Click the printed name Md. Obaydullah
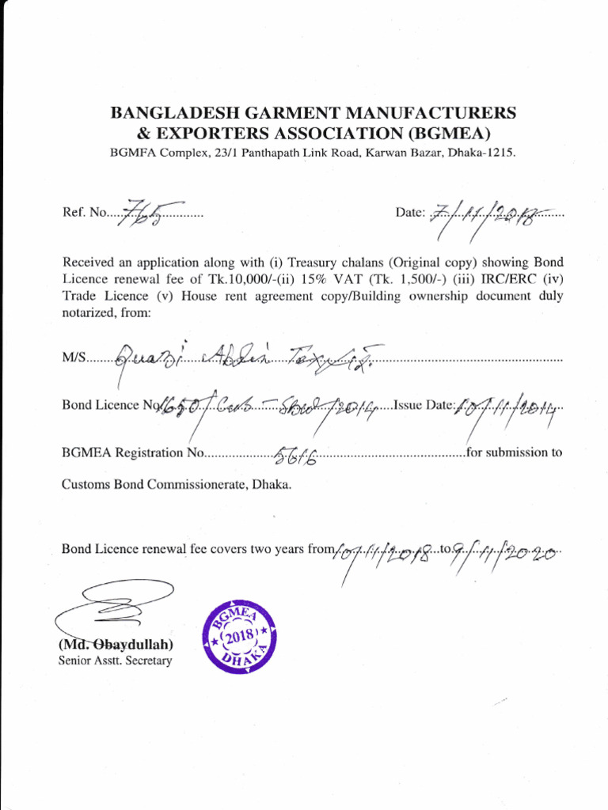pos(116,645)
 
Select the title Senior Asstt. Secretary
pos(115,660)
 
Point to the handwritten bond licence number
pos(269,407)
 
